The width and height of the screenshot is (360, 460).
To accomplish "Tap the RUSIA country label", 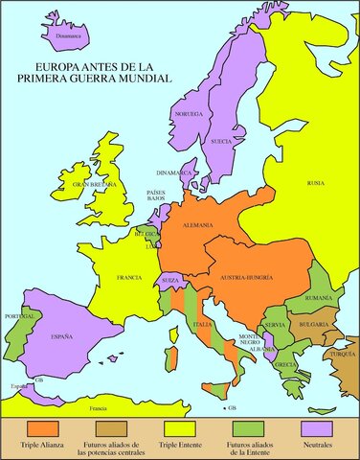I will [x=315, y=182].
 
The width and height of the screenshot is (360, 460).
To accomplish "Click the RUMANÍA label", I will [x=319, y=298].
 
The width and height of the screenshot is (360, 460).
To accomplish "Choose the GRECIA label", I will [x=285, y=365].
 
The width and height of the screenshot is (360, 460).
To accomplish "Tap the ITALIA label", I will [x=203, y=324].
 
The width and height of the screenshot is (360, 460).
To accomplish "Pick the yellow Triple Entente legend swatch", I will [x=179, y=426].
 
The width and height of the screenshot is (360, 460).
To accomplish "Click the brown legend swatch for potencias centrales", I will [x=112, y=426].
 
